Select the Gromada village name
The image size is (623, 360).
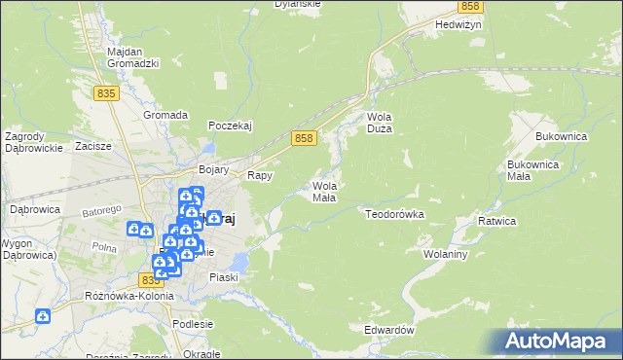pyautogui.click(x=165, y=115)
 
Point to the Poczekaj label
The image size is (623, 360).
pyautogui.click(x=231, y=126)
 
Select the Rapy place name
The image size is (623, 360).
pyautogui.click(x=259, y=176)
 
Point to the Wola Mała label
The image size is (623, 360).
pyautogui.click(x=324, y=192)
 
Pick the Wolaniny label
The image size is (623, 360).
pyautogui.click(x=446, y=254)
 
